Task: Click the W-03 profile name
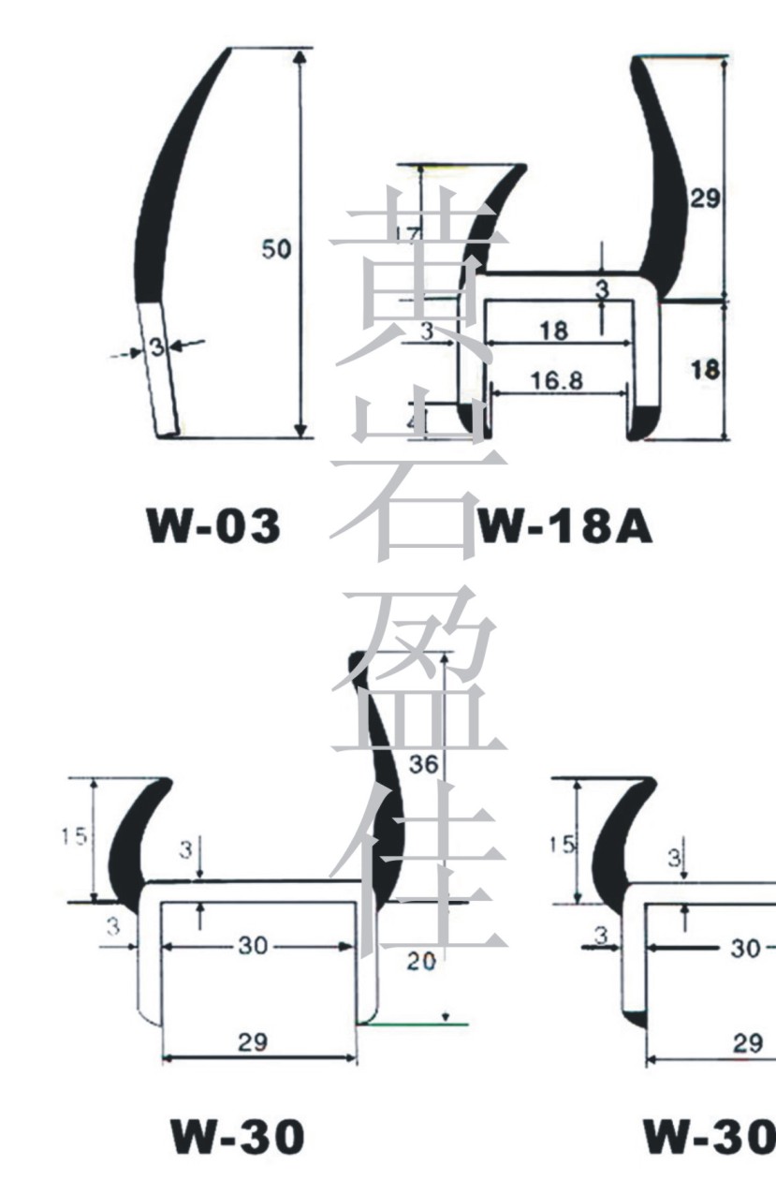click(x=213, y=527)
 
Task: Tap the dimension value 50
click(x=275, y=249)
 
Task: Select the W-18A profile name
click(x=564, y=528)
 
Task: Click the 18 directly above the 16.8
click(x=554, y=330)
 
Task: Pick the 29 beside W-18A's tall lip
click(x=704, y=198)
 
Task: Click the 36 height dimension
click(x=424, y=764)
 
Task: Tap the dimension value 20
click(x=422, y=962)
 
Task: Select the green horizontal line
click(x=417, y=1024)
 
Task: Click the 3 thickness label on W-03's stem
click(x=156, y=348)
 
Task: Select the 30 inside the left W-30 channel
click(x=253, y=946)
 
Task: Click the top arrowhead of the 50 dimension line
click(x=300, y=56)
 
